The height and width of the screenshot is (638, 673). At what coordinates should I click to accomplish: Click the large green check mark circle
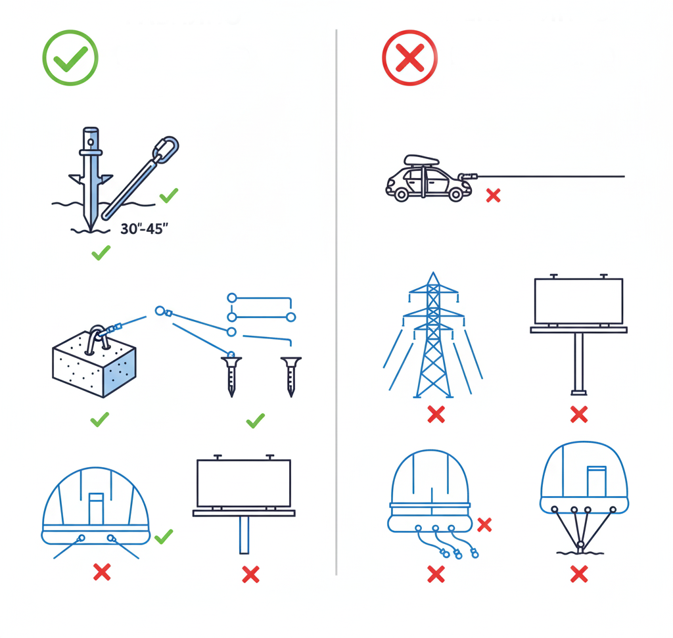[x=70, y=58]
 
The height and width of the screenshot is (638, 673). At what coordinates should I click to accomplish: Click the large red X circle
[x=410, y=58]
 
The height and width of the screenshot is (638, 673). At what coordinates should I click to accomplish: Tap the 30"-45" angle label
[x=144, y=229]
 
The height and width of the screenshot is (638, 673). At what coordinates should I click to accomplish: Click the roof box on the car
[x=421, y=161]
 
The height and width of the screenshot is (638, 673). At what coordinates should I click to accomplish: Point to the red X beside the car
[x=493, y=195]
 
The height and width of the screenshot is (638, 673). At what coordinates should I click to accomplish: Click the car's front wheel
[x=401, y=194]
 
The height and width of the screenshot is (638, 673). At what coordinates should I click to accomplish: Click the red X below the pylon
[x=436, y=415]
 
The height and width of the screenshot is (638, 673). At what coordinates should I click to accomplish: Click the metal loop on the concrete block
[x=97, y=340]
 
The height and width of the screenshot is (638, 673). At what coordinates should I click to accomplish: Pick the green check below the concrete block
[x=100, y=419]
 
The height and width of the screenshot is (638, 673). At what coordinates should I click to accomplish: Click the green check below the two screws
[x=256, y=421]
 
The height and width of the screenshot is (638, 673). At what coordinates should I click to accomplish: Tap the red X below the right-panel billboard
[x=579, y=415]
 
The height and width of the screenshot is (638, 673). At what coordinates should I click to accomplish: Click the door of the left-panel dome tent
[x=96, y=509]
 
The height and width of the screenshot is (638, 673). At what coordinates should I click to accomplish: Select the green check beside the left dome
[x=164, y=536]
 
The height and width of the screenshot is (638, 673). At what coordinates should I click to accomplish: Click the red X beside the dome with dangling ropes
[x=484, y=524]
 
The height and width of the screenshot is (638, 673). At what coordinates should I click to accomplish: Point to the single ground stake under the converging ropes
[x=581, y=546]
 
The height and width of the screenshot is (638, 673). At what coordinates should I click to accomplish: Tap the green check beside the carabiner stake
[x=169, y=195]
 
